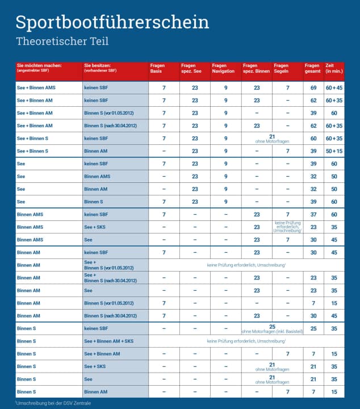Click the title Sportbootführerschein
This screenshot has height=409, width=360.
click(x=112, y=22)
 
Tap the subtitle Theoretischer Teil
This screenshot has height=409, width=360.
click(x=62, y=41)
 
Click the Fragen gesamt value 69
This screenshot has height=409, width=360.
click(x=313, y=88)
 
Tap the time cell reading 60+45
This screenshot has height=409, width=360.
click(x=334, y=88)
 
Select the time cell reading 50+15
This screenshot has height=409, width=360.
click(x=334, y=151)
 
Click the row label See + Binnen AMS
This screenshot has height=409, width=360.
click(x=36, y=88)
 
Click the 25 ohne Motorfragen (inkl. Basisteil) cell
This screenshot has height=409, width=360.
click(x=272, y=328)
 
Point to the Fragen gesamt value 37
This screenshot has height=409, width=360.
click(x=313, y=215)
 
